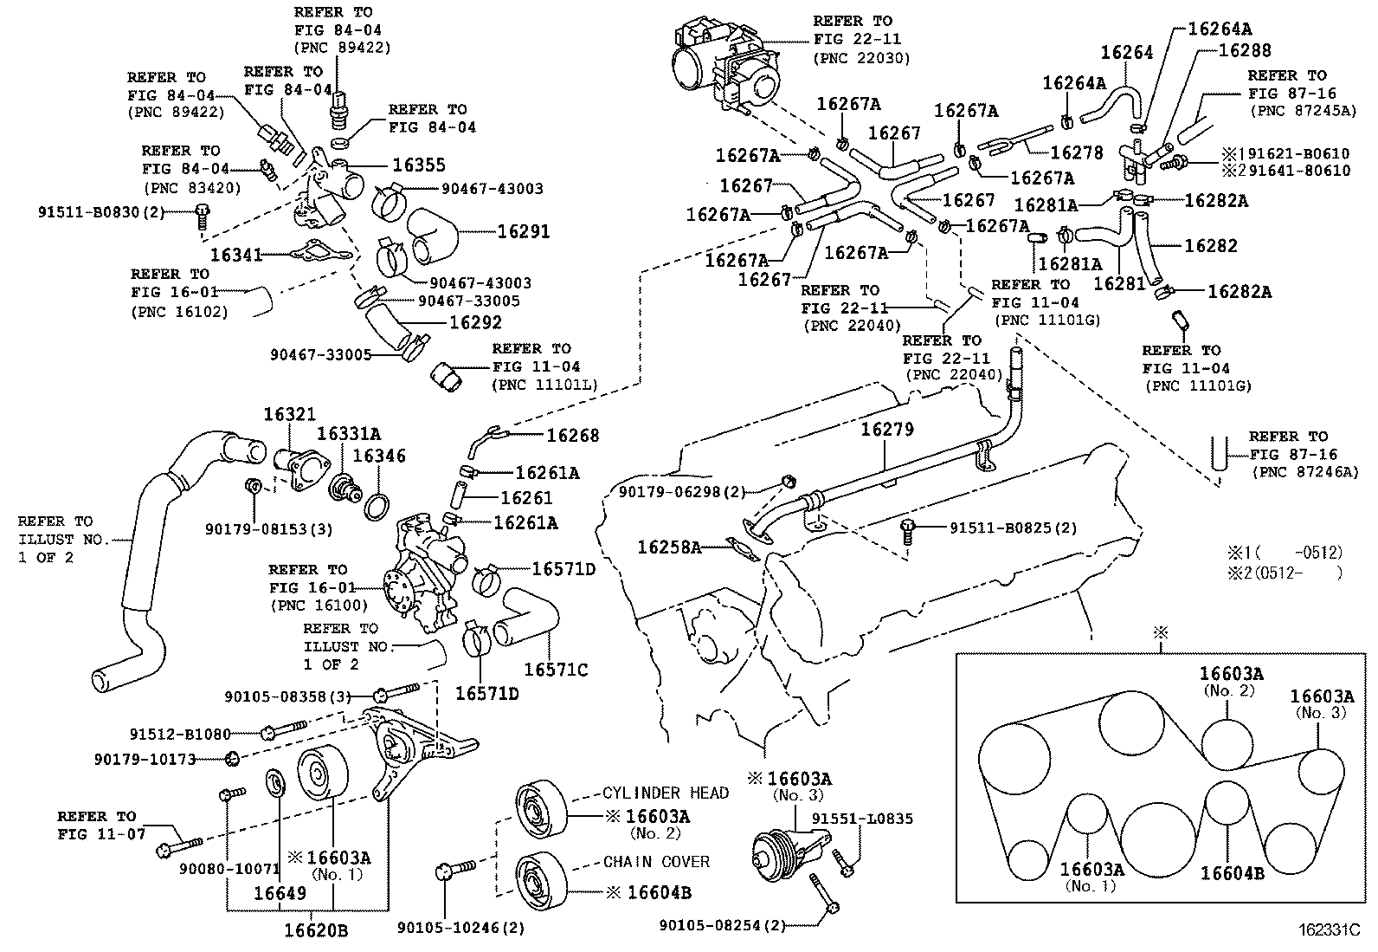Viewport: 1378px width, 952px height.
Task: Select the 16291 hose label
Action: pos(524,231)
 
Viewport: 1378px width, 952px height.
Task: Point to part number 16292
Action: pos(475,321)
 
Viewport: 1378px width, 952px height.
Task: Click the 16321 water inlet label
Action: pos(290,415)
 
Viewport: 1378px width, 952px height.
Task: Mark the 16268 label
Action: pos(572,436)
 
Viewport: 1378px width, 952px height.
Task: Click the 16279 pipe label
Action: pos(887,429)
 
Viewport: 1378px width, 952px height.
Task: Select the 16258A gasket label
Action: pos(669,547)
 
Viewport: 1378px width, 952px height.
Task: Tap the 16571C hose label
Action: pos(556,670)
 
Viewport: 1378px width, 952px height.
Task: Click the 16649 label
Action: pos(280,892)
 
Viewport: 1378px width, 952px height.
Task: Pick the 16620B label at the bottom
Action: pos(316,930)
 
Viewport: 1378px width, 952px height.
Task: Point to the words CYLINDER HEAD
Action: pos(666,793)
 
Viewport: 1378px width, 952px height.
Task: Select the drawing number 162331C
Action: pos(1329,930)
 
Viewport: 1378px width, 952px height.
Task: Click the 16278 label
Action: pos(1077,152)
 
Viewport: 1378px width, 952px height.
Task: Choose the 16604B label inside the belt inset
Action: pos(1232,873)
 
